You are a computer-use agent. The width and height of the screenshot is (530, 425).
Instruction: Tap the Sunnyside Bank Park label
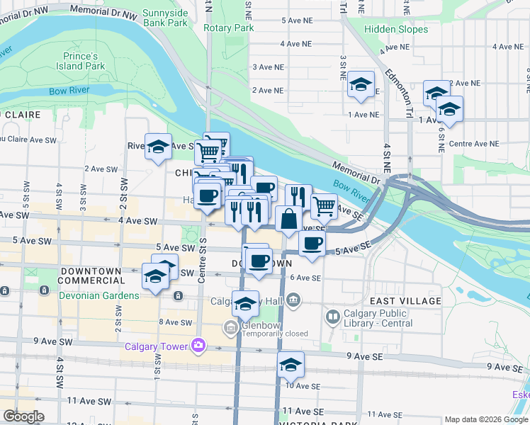pos(165,18)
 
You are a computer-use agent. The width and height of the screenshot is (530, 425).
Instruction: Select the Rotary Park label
pos(228,28)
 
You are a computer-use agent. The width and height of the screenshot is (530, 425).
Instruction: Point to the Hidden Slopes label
pos(397,29)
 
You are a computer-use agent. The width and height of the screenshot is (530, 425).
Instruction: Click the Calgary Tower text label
pos(156,346)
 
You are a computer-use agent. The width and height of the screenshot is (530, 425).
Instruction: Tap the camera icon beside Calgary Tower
pos(198,346)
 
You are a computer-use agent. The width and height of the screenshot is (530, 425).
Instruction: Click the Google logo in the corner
pos(24,416)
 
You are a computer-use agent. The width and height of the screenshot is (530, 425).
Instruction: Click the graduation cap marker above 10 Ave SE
pos(290,365)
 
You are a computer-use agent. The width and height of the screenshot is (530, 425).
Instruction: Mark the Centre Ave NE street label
pos(474,143)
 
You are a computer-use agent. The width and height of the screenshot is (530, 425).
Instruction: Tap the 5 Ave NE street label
pos(296,21)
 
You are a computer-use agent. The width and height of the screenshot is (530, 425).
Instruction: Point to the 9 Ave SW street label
pos(52,341)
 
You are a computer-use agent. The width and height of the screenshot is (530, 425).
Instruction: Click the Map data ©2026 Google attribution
pos(485,419)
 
